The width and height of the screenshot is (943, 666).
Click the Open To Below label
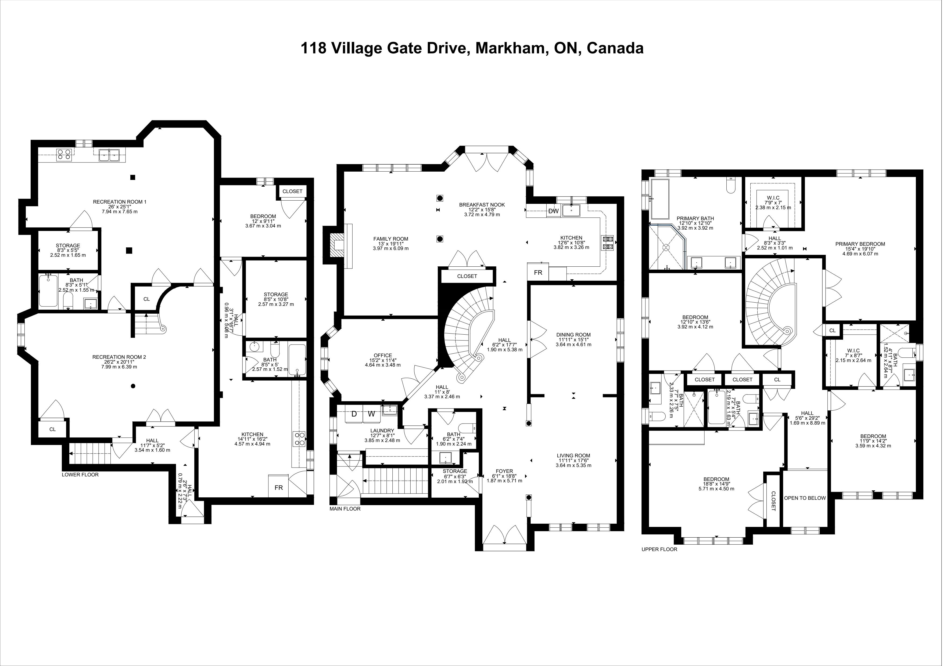pyautogui.click(x=805, y=498)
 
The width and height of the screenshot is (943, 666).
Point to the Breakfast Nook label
pyautogui.click(x=482, y=205)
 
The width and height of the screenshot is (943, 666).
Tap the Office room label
pyautogui.click(x=383, y=355)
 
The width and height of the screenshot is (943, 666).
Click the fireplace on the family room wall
pyautogui.click(x=339, y=245)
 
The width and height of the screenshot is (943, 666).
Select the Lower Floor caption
pyautogui.click(x=80, y=475)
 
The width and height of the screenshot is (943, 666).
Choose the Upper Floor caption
pyautogui.click(x=659, y=549)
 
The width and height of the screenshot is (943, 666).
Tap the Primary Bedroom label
pyautogui.click(x=860, y=244)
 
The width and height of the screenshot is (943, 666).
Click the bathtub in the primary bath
pyautogui.click(x=659, y=199)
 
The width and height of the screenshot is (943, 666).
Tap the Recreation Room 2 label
pyautogui.click(x=119, y=357)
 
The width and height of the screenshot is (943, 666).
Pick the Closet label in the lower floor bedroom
pyautogui.click(x=292, y=191)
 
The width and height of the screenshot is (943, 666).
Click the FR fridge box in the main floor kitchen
pyautogui.click(x=538, y=273)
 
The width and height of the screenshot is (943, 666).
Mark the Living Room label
pyautogui.click(x=573, y=455)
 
